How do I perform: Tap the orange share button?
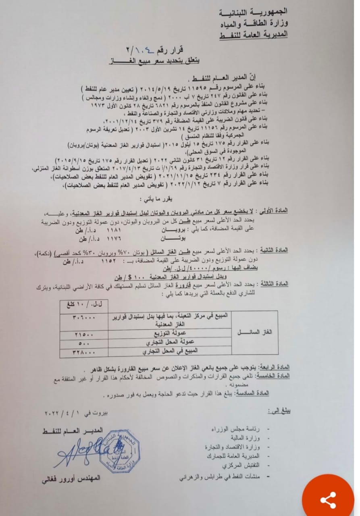tap(328, 499)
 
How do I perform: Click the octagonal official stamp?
tap(120, 451)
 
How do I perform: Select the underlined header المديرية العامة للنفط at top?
tap(253, 35)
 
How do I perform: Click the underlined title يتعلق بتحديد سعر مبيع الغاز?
tap(155, 62)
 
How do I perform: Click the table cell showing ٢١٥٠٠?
tap(84, 335)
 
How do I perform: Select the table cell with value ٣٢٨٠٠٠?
tap(84, 352)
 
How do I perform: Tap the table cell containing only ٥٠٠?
tap(84, 343)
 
